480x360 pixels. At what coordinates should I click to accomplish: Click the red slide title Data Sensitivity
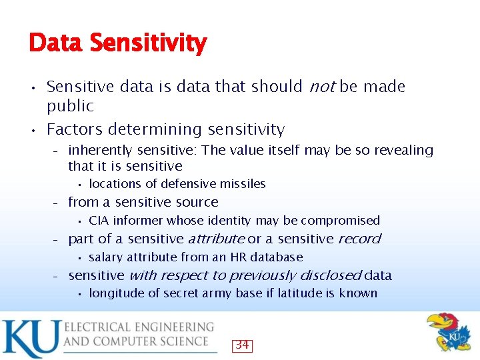[x=117, y=43]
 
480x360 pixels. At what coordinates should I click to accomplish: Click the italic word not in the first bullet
[x=321, y=87]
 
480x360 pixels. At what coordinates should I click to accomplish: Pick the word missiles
[x=244, y=184]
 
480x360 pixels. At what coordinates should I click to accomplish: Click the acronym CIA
[x=99, y=221]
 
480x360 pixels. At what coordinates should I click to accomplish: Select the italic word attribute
[x=216, y=239]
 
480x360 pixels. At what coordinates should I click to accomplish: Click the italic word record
[x=359, y=239]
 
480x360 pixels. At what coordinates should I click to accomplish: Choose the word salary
[x=105, y=257]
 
